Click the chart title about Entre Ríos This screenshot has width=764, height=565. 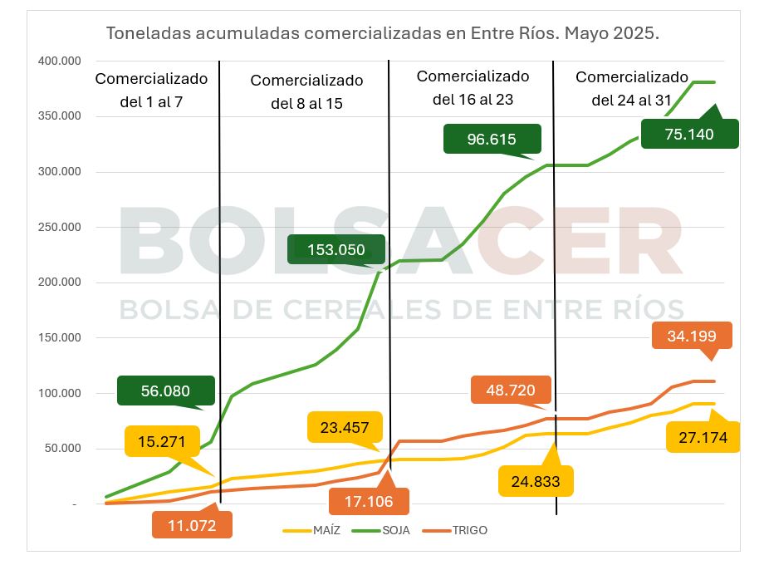pyautogui.click(x=382, y=34)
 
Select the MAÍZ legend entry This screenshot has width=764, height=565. pyautogui.click(x=315, y=530)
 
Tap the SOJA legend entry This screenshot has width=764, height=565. pyautogui.click(x=387, y=530)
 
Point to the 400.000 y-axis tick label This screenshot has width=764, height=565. pyautogui.click(x=59, y=61)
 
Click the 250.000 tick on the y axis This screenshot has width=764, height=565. pyautogui.click(x=59, y=227)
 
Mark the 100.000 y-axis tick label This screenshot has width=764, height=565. pyautogui.click(x=59, y=393)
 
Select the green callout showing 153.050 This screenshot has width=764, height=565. pyautogui.click(x=336, y=249)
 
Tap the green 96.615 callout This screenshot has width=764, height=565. pyautogui.click(x=492, y=139)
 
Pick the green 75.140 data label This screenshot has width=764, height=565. pyautogui.click(x=689, y=133)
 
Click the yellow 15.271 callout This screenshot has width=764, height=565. pyautogui.click(x=162, y=441)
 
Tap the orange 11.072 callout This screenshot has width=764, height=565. pyautogui.click(x=192, y=525)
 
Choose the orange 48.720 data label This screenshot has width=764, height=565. pyautogui.click(x=510, y=390)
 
